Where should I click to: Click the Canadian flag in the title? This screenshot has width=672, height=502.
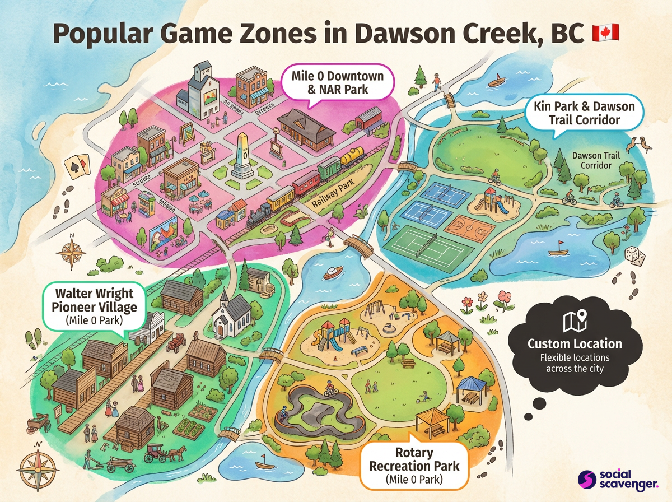click(x=605, y=33)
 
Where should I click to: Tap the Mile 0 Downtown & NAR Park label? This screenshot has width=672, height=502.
click(x=337, y=82)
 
